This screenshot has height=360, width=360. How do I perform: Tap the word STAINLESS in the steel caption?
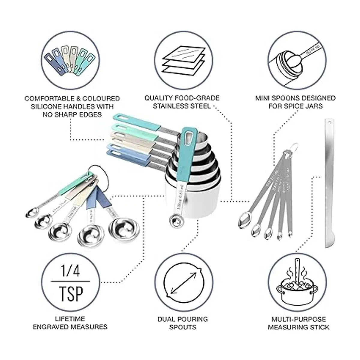(x=171, y=106)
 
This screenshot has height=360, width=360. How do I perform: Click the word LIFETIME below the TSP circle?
(x=70, y=319)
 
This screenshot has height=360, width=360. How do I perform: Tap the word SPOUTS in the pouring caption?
(x=183, y=327)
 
